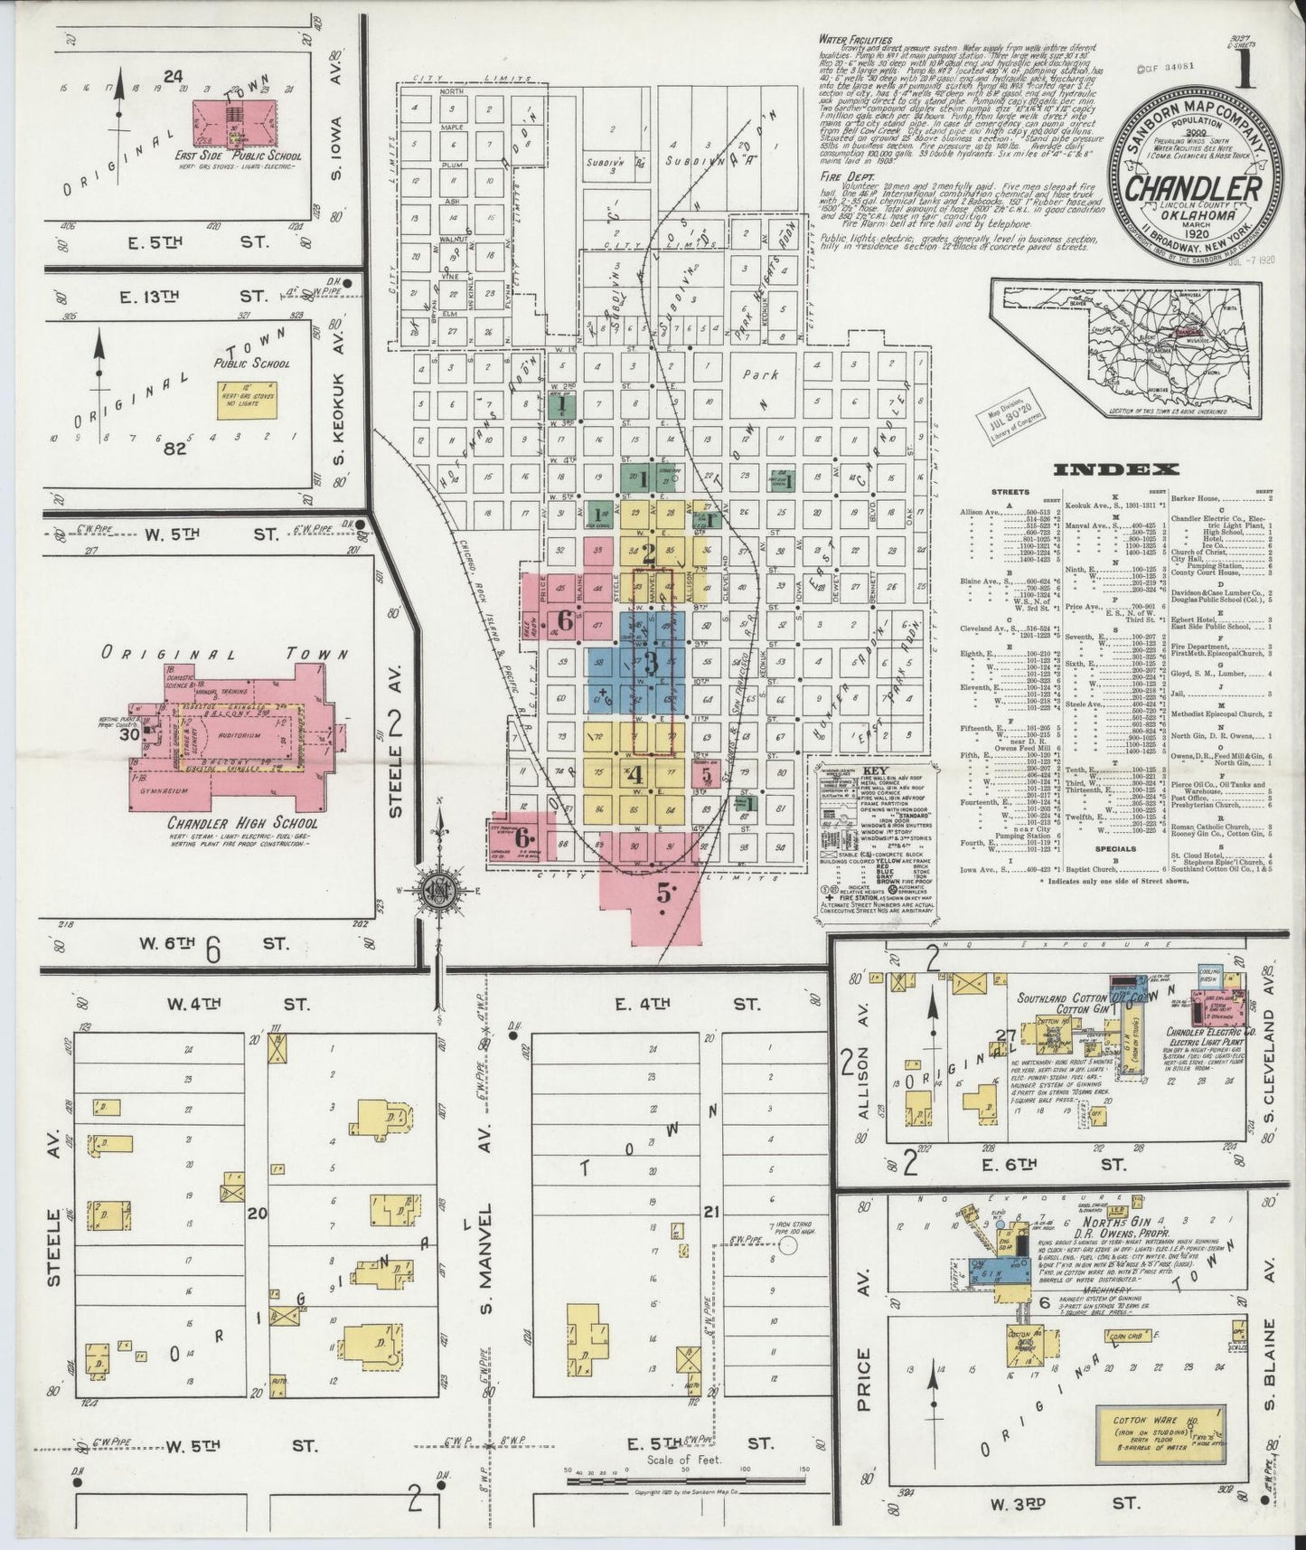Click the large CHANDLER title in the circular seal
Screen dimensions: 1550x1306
[1192, 187]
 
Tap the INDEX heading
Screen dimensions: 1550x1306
[1116, 468]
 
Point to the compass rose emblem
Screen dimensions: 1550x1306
[441, 890]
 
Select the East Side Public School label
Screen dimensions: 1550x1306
[239, 156]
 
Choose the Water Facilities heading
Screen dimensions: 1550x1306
[855, 40]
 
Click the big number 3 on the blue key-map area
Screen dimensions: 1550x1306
[651, 664]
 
